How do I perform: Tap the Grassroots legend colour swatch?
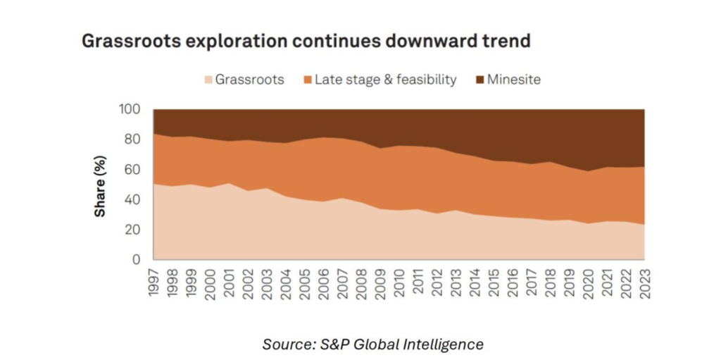point(208,80)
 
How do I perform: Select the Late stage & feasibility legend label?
point(385,80)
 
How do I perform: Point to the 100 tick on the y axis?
point(130,110)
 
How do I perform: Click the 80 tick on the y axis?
point(133,139)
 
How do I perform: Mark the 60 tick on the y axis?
point(133,170)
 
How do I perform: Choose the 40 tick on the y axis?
point(133,200)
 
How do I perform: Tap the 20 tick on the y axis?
point(133,230)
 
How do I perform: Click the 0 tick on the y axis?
point(137,260)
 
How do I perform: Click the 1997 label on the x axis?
point(153,281)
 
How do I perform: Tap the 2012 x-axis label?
point(437,281)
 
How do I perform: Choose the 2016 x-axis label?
point(512,281)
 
